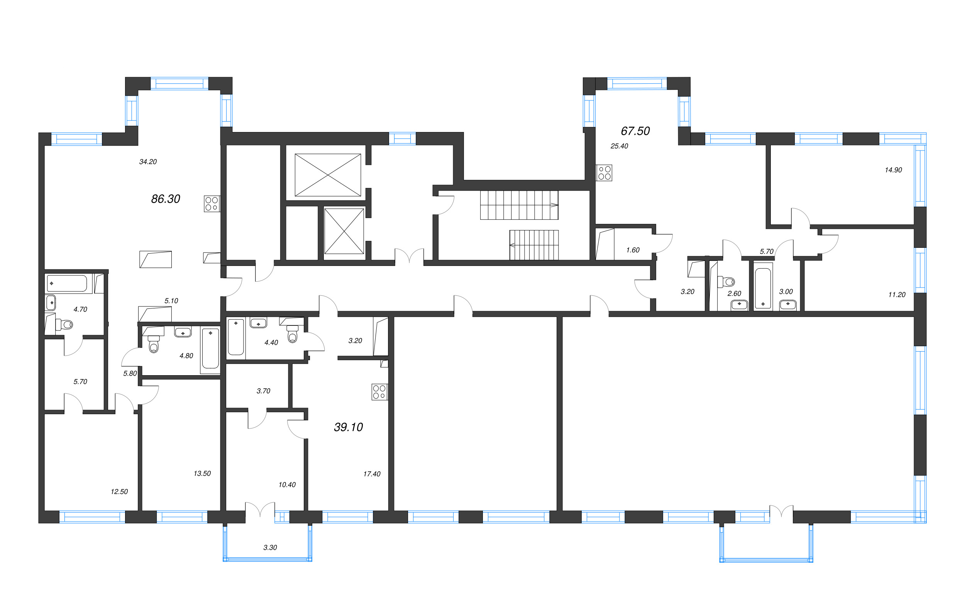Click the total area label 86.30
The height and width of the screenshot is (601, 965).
(165, 199)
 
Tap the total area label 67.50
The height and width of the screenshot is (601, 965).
(635, 131)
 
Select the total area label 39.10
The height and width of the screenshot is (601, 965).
(348, 427)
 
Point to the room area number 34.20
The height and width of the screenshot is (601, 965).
(148, 162)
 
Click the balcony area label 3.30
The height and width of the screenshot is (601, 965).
(270, 547)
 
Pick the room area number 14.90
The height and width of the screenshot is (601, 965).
(893, 170)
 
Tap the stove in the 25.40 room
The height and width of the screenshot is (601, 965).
(604, 173)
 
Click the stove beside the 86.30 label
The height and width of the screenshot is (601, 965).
(212, 203)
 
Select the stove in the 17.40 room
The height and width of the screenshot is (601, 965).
(379, 391)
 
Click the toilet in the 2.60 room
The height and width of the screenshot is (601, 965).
(727, 282)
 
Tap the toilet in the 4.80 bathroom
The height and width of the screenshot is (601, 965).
(153, 344)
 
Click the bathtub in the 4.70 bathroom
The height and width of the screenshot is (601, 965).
(67, 283)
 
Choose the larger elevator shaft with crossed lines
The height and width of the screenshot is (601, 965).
(327, 175)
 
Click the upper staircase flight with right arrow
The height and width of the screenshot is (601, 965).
(519, 205)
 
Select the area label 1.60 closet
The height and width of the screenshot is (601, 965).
(633, 250)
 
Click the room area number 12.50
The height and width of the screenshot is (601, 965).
(119, 492)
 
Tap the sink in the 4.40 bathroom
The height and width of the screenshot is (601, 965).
(258, 322)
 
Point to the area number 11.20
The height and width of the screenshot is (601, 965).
(897, 295)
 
